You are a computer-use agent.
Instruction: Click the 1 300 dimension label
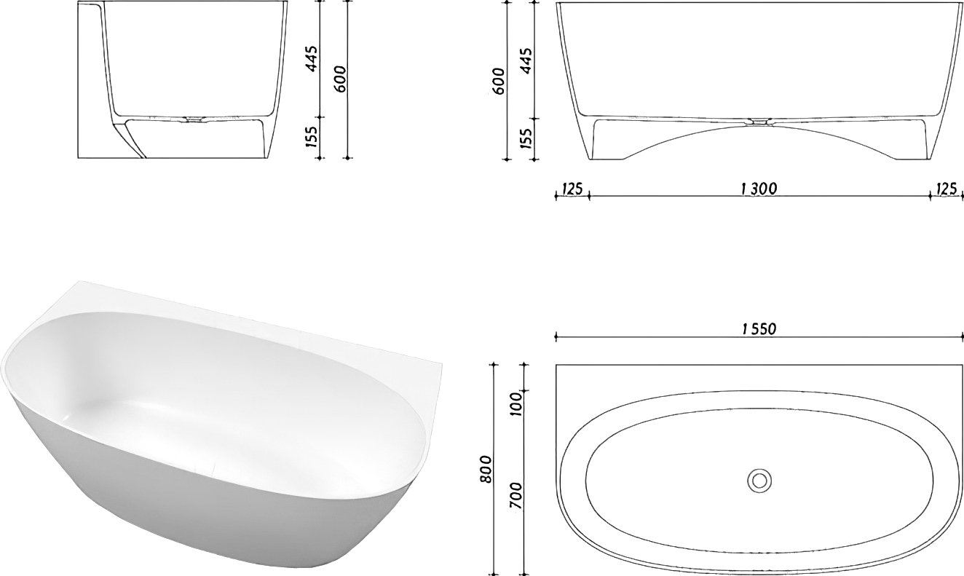(x=759, y=189)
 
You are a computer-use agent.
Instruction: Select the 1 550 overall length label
(x=759, y=329)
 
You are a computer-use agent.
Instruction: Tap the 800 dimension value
(x=486, y=468)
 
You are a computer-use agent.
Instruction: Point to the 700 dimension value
(x=515, y=495)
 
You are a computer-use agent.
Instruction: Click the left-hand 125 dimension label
(x=572, y=189)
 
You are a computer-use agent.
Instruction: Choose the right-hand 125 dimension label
(x=947, y=189)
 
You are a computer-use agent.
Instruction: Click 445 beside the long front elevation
(x=526, y=60)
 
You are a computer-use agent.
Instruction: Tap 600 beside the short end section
(x=341, y=79)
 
